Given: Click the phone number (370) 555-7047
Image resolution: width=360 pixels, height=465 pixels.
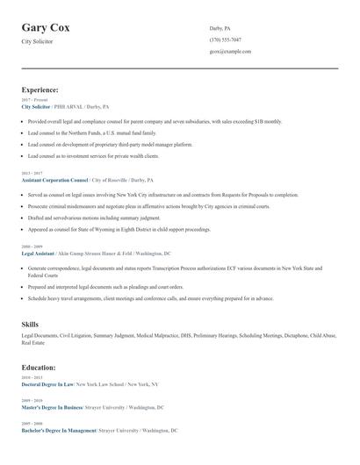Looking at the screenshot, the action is pos(226,39).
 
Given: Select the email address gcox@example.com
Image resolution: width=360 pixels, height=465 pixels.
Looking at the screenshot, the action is pos(230,52).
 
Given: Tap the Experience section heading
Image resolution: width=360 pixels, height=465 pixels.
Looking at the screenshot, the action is pos(40,89).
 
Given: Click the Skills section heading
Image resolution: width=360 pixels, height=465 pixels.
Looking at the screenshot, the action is pos(30,325).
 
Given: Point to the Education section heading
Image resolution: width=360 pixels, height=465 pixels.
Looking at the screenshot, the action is pos(39,368).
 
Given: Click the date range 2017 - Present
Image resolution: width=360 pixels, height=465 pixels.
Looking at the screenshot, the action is pos(34,100).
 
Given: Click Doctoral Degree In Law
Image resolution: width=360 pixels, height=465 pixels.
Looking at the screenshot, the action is pos(47,384).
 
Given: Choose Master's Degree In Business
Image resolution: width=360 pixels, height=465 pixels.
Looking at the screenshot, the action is pos(52,408).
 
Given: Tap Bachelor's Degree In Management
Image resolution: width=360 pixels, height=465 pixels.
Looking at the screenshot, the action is pos(58,431).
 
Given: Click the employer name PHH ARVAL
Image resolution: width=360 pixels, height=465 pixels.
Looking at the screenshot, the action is pos(70,106).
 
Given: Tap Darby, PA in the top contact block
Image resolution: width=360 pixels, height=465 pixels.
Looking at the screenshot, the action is pos(220,28).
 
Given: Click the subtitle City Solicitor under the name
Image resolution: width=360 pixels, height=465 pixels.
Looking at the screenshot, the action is pos(37,41).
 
